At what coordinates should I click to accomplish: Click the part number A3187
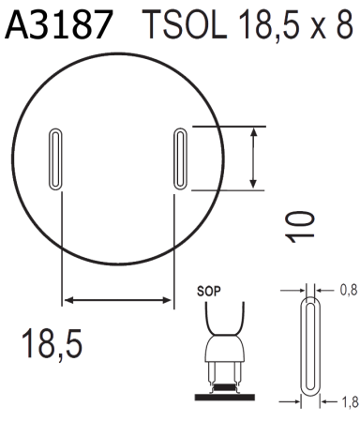tap(58, 24)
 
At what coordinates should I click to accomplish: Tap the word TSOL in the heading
tap(186, 24)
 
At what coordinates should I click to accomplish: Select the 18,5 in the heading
tap(269, 25)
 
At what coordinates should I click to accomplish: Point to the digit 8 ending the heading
tap(345, 24)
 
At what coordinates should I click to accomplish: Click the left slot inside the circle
tap(55, 158)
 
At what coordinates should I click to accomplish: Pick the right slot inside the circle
tap(180, 158)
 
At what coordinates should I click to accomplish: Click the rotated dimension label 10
tap(300, 227)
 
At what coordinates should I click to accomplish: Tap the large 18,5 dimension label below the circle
tap(52, 343)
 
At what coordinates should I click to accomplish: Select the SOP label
tap(209, 292)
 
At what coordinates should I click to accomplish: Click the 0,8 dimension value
tap(349, 291)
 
